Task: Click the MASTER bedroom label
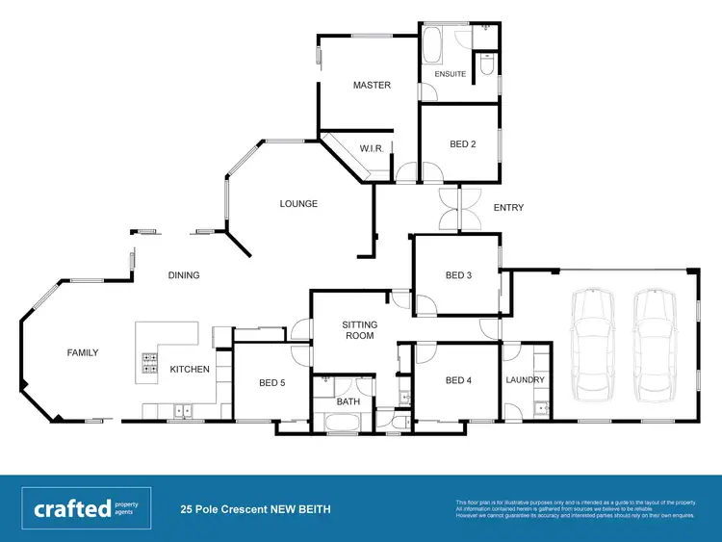click(372, 86)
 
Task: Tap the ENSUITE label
click(451, 74)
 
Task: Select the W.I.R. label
click(373, 148)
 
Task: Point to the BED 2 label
click(463, 144)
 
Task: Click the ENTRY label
click(508, 208)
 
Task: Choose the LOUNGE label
click(298, 204)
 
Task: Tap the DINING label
click(184, 275)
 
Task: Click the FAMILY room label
click(83, 353)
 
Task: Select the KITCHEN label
click(190, 370)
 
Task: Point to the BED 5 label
click(272, 382)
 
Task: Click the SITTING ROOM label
click(360, 331)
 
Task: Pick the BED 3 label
click(458, 275)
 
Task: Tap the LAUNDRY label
click(526, 380)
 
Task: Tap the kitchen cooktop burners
click(151, 363)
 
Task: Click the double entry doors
click(460, 209)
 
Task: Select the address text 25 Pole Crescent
click(255, 508)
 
